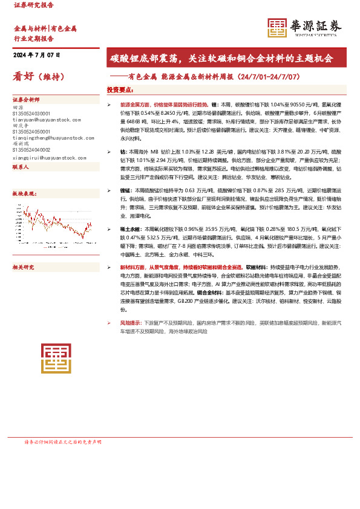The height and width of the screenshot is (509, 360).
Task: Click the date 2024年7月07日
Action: tap(37, 55)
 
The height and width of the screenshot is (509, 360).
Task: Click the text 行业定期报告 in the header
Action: tap(33, 37)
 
